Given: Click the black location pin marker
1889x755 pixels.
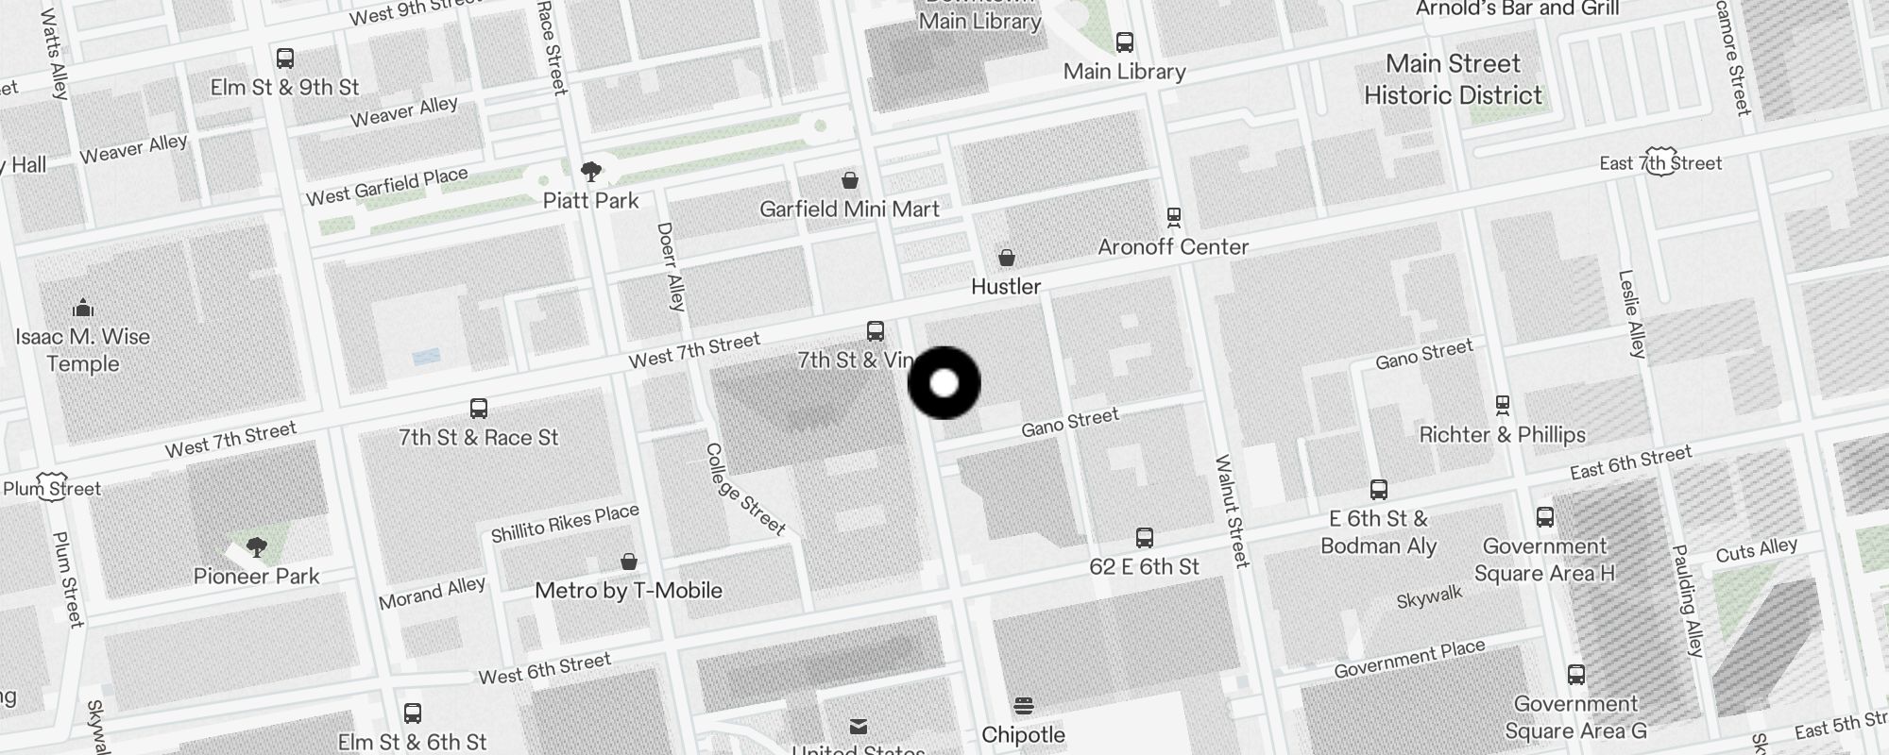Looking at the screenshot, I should click(x=944, y=383).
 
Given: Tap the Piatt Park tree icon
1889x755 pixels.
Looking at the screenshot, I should click(x=591, y=172).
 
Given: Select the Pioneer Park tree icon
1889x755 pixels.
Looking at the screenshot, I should click(x=256, y=546).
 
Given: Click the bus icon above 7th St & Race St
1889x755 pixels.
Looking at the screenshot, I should click(x=479, y=409).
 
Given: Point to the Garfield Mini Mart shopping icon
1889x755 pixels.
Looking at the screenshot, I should click(x=850, y=180).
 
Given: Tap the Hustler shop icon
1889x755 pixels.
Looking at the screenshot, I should click(x=1007, y=258).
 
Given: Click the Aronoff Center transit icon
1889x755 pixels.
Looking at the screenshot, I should click(x=1174, y=218).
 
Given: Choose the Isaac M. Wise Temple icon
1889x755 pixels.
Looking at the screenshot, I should click(x=83, y=308).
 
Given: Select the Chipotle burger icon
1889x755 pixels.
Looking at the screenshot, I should click(x=1023, y=706).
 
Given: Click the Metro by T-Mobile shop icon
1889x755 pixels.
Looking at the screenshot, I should click(x=629, y=562).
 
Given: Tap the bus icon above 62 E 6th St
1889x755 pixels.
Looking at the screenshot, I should click(x=1145, y=538).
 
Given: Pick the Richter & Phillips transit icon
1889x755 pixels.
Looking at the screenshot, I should click(x=1503, y=406).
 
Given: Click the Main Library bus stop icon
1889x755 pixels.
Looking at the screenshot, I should click(x=1124, y=42).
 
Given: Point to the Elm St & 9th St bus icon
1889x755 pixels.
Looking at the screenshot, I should click(x=285, y=59).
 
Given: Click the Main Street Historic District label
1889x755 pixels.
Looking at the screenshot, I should click(x=1453, y=79).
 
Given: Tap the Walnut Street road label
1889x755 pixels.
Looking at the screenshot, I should click(x=1232, y=511).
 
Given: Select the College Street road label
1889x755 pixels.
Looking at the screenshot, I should click(x=746, y=490).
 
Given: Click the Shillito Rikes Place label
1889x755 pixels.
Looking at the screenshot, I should click(x=565, y=523).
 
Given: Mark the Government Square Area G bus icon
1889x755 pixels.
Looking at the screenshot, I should click(x=1576, y=675).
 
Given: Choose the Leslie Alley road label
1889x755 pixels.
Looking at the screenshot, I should click(x=1632, y=314).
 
